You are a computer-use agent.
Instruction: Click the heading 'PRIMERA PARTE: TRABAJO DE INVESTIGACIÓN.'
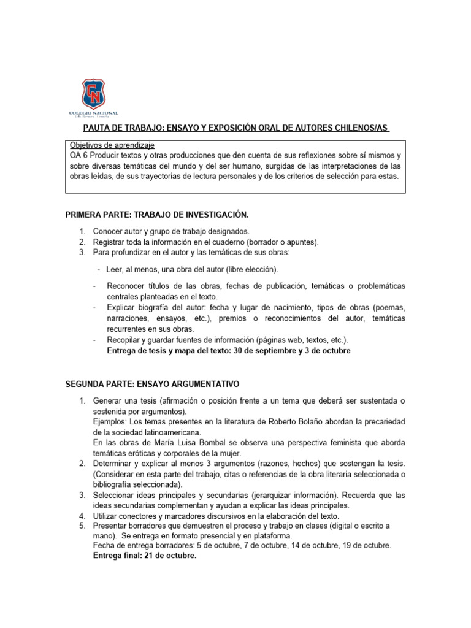156,215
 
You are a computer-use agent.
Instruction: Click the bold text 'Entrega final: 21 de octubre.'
145,556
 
